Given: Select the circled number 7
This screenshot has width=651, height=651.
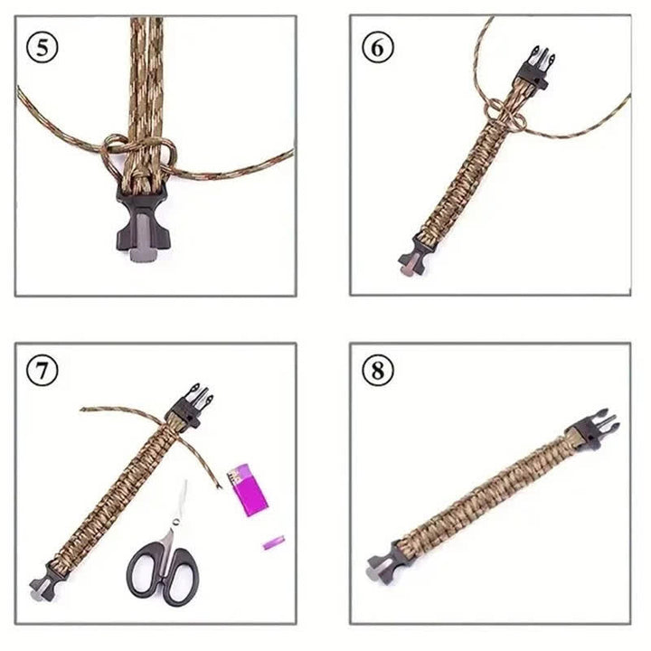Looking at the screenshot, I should click(43, 371).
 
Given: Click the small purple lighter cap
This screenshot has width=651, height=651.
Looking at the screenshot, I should click(272, 544).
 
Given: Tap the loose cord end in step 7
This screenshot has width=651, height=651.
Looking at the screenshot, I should click(95, 410).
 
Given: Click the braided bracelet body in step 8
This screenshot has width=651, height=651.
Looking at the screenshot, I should click(488, 493).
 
